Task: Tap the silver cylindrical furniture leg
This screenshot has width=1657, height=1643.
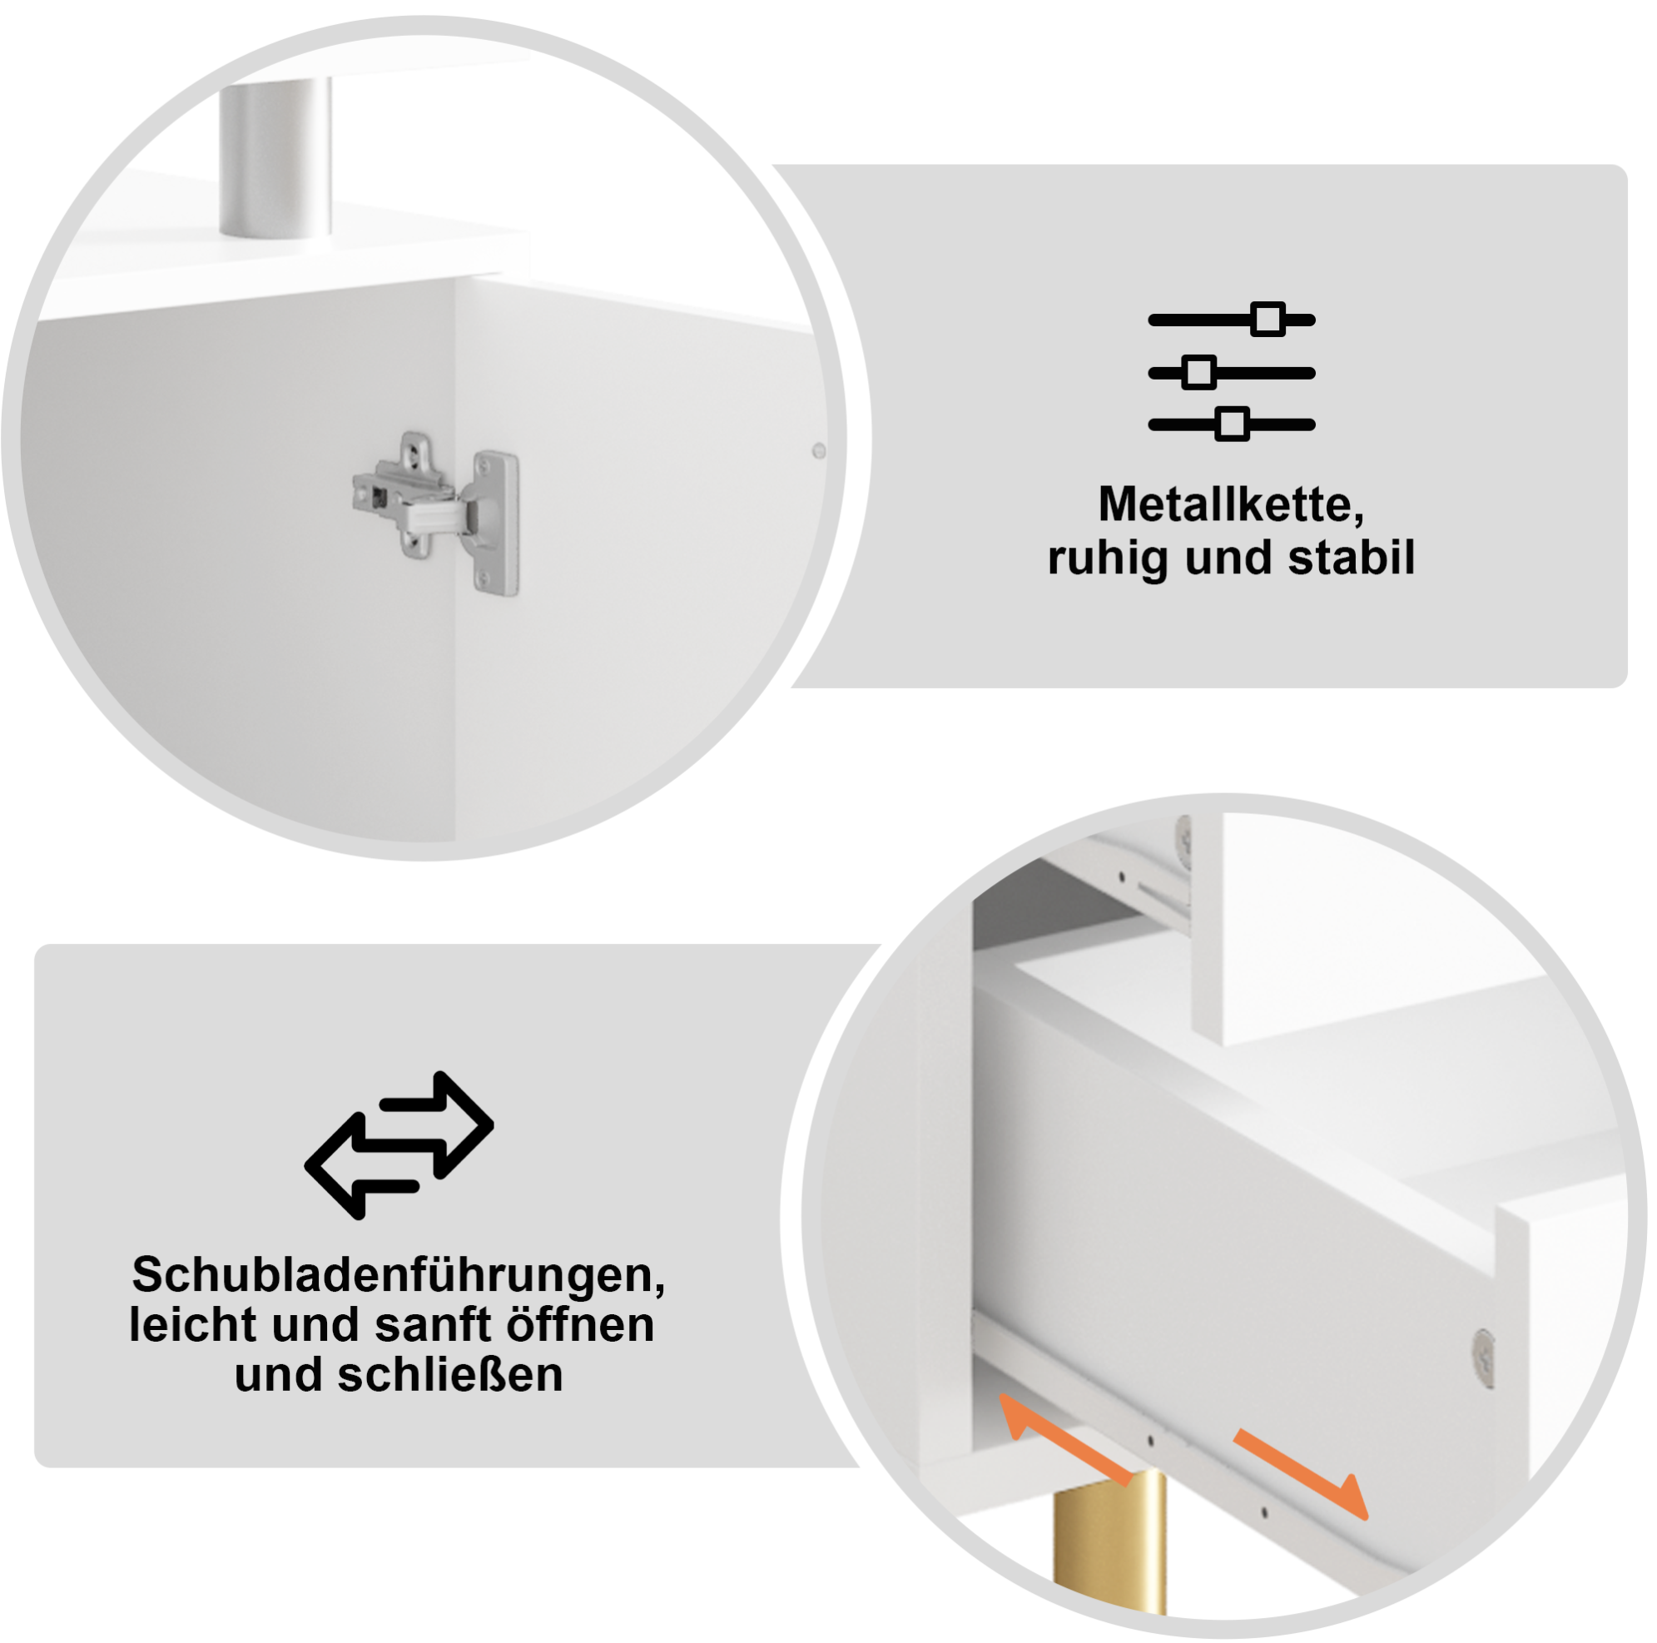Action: click(x=275, y=158)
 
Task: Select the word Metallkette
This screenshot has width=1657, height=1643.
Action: click(x=1231, y=505)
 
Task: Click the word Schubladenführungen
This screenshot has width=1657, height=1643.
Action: click(x=399, y=1276)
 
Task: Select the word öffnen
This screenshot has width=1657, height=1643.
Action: click(x=580, y=1324)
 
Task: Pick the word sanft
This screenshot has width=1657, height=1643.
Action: click(x=434, y=1325)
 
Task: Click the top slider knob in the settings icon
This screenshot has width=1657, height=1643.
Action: click(x=1267, y=320)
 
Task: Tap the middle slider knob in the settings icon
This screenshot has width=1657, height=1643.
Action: click(x=1199, y=372)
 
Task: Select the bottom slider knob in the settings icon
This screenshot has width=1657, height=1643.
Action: click(x=1233, y=424)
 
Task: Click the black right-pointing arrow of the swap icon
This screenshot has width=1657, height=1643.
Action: click(x=438, y=1124)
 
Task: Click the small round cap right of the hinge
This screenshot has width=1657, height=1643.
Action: click(x=818, y=449)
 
